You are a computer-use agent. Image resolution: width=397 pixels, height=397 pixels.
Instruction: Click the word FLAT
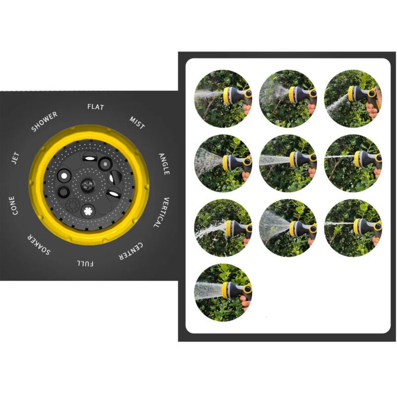point(96,107)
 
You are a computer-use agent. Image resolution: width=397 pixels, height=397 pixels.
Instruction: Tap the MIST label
point(137,123)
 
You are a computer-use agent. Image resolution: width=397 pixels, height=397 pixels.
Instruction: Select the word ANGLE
point(164,164)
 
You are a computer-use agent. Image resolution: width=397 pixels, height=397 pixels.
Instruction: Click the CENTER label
point(131,251)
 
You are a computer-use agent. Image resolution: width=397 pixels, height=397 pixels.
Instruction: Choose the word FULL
point(85,264)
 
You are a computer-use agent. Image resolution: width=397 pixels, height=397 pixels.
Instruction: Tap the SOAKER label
point(39,244)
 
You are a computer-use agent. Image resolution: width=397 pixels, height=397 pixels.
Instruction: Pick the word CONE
point(13,205)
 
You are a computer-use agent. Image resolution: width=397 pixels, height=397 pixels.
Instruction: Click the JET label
point(15,158)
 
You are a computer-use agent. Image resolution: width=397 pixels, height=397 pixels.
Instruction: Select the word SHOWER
point(44,122)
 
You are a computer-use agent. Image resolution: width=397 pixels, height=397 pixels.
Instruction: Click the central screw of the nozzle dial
point(88,185)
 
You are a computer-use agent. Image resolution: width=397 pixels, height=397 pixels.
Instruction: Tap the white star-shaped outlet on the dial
point(88,210)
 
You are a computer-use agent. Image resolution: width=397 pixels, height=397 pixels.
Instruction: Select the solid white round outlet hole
point(64,176)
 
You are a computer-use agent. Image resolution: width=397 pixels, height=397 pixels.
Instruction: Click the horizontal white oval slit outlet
point(90,159)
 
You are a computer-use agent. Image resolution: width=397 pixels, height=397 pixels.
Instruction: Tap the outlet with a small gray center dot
point(105,164)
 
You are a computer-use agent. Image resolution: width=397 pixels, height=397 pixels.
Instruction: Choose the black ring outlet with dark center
point(64,192)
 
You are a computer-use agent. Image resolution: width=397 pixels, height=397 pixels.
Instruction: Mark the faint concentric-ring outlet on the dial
point(72,204)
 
